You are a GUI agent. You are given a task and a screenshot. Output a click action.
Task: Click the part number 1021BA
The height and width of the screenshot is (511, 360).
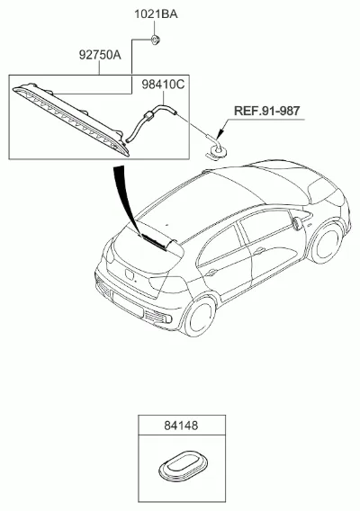coord(157,14)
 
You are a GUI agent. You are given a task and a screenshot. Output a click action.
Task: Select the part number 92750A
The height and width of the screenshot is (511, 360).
coord(100,55)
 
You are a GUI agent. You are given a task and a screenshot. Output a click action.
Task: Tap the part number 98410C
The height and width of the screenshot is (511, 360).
coord(163,85)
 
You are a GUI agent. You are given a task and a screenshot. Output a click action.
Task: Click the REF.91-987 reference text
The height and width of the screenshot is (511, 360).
coord(266,111)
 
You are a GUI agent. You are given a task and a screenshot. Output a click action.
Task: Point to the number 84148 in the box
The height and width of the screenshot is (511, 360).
coord(181,426)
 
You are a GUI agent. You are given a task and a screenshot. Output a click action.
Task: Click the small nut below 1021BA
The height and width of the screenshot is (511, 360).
coord(155,40)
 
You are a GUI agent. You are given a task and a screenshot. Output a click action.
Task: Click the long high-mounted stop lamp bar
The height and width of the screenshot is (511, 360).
coord(72,119)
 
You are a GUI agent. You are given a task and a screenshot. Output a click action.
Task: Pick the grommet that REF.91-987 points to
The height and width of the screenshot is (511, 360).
coord(217,151)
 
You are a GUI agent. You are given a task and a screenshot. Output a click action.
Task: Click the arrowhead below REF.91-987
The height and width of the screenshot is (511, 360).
coord(221,133)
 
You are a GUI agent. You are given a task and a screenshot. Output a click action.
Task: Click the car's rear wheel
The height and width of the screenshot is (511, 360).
coord(199,315)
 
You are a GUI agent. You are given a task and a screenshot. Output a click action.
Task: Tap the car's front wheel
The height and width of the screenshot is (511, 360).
coord(326,243)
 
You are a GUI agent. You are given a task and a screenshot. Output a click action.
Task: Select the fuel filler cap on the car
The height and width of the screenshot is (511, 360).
coord(296,224)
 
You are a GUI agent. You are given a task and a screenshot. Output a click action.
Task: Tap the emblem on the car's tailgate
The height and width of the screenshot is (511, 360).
coord(129,274)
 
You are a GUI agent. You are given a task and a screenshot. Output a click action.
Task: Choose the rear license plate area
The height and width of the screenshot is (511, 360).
coord(127,305)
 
